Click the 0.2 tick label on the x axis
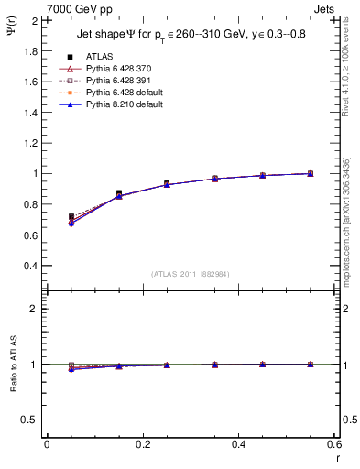pyautogui.click(x=142, y=443)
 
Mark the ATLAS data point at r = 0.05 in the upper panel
pyautogui.click(x=71, y=217)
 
